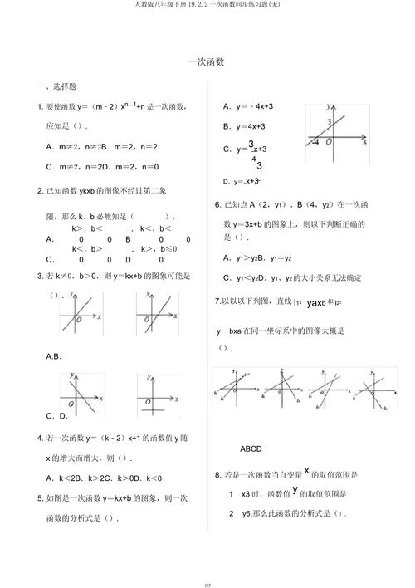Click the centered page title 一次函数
pyautogui.click(x=207, y=61)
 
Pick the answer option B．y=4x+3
pyautogui.click(x=244, y=126)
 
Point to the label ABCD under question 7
pyautogui.click(x=251, y=448)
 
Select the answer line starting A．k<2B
pyautogui.click(x=104, y=478)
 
